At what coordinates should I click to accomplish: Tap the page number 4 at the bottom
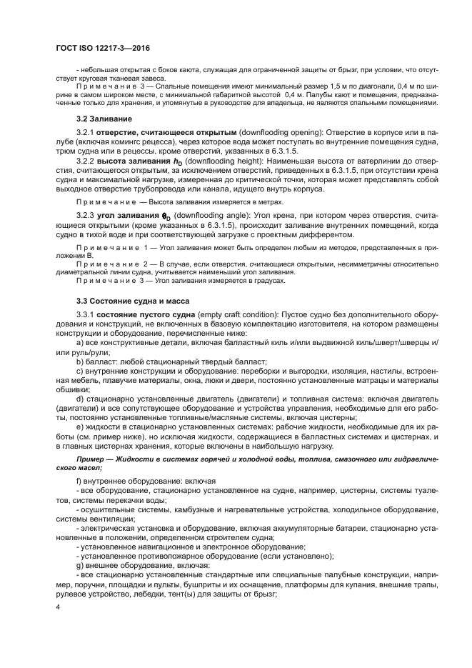click(x=59, y=606)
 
